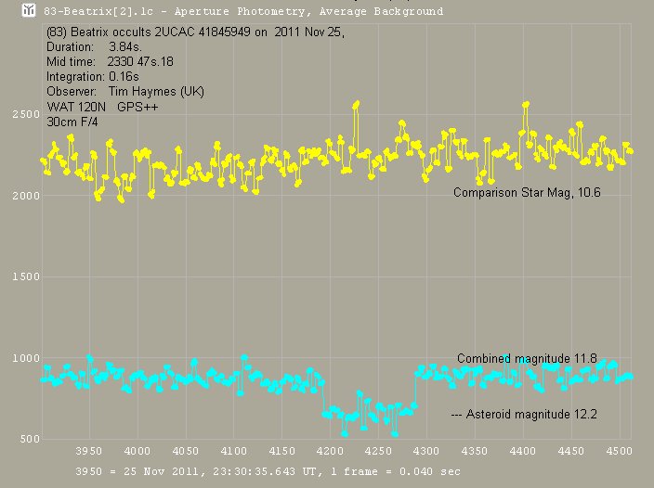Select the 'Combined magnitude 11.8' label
click(x=526, y=358)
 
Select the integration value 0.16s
click(x=113, y=77)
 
